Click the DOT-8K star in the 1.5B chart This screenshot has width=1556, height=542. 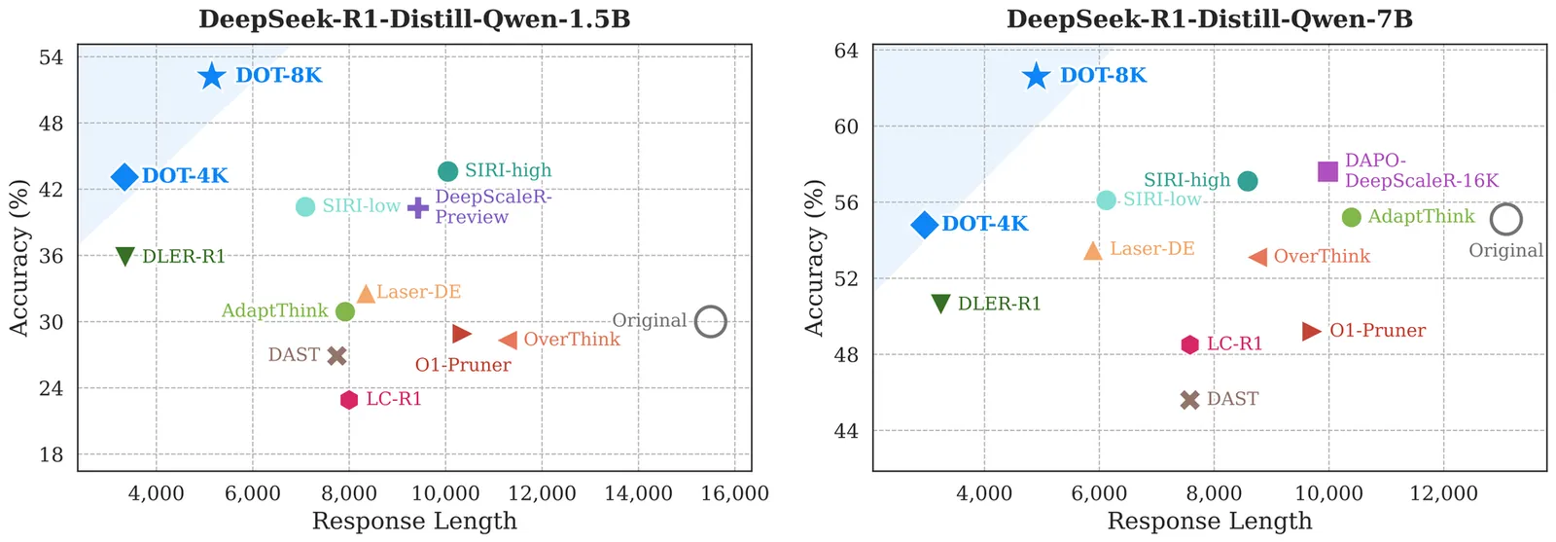click(x=212, y=76)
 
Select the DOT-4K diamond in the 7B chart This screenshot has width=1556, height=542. click(x=924, y=225)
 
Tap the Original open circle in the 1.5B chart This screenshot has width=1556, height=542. click(x=711, y=320)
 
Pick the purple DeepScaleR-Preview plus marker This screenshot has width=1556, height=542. click(x=418, y=207)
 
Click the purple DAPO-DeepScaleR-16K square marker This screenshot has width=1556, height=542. click(x=1327, y=171)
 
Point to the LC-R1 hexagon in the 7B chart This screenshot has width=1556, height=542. click(x=1189, y=344)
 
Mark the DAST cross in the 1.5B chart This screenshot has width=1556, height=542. click(x=337, y=356)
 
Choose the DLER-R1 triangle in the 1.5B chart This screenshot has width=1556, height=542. click(x=125, y=257)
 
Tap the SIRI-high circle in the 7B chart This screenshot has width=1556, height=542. click(x=1248, y=181)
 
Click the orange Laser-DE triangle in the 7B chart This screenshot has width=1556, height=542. click(x=1093, y=251)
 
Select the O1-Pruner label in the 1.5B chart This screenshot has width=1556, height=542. click(x=463, y=365)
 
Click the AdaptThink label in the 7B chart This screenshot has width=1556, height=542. click(x=1421, y=216)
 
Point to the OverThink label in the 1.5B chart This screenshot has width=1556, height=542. click(x=572, y=340)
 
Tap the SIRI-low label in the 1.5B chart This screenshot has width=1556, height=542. click(x=361, y=206)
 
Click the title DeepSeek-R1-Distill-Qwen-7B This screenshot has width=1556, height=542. click(x=1209, y=19)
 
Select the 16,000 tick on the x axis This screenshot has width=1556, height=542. click(x=734, y=493)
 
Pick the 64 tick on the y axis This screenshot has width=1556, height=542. click(x=846, y=50)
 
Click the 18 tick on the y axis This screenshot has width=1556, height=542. click(x=52, y=454)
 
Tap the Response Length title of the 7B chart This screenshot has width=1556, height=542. click(x=1209, y=522)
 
